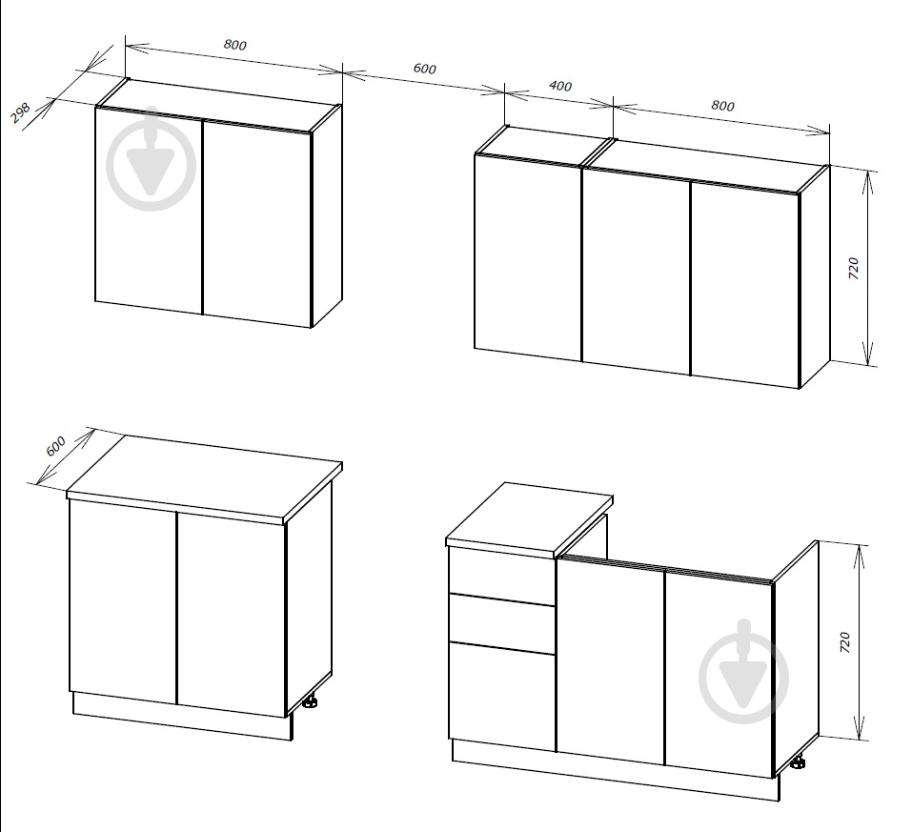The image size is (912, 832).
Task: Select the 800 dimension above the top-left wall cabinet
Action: pos(235,45)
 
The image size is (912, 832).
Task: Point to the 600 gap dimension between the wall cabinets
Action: pos(425,69)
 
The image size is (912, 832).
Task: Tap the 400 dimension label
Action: pos(560,86)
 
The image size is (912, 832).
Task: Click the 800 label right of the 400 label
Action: pos(722,105)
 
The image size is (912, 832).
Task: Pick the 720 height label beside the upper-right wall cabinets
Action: pos(853,268)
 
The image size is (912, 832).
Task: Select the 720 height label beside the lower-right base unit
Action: pos(845,641)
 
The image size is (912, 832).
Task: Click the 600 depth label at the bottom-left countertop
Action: pos(56,446)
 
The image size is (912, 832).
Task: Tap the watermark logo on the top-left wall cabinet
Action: pos(152,159)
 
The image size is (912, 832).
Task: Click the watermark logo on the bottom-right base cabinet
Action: pos(744,672)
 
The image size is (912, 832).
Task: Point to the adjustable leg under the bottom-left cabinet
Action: pos(310,701)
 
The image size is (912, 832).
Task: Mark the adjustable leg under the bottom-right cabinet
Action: pos(799,761)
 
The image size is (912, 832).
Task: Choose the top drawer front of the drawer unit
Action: pos(501,571)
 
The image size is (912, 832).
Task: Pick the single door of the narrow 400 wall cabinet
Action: pos(528,257)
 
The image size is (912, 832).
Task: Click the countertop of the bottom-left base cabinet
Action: pos(205,478)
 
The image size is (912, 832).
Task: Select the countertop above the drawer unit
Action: pos(529,517)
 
